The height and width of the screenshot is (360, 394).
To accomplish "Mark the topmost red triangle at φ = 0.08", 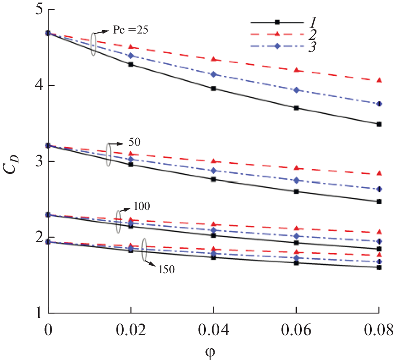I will (379, 80).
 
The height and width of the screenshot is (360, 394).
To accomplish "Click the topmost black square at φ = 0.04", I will (213, 88).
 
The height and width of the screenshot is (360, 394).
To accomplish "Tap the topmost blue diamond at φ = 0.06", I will (296, 90).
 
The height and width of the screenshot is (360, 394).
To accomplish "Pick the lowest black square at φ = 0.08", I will (379, 267).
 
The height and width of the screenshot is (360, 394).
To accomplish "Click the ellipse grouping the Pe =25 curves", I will (93, 43).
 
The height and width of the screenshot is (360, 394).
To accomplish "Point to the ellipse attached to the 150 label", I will (145, 250).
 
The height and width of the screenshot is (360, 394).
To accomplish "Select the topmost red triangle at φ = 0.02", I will (131, 47).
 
